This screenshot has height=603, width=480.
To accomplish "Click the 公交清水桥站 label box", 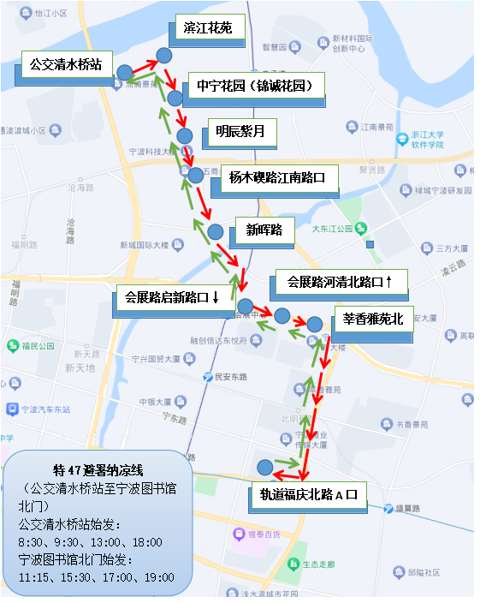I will (66, 64).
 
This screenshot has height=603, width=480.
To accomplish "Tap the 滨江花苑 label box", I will (208, 29).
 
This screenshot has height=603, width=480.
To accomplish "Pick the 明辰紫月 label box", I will (240, 132).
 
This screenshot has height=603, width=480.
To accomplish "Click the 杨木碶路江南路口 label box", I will (277, 179).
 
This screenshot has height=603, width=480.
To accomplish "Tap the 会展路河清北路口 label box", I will (340, 281).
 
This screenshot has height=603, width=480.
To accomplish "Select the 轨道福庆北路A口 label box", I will (313, 493).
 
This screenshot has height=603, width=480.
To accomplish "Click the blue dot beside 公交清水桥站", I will (124, 72).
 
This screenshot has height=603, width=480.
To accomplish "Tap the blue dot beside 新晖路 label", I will (216, 231).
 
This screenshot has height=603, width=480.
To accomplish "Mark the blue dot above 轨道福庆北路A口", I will (265, 468).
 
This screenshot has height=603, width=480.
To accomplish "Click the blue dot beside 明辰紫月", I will (184, 135).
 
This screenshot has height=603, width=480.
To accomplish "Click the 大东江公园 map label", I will (333, 229).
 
